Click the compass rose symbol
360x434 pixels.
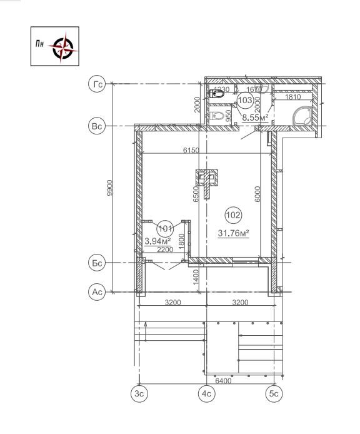coord(63,46)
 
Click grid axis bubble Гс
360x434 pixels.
coord(97,84)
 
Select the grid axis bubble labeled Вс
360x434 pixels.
coord(97,126)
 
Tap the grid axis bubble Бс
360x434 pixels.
coord(97,263)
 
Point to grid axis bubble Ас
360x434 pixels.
coord(97,291)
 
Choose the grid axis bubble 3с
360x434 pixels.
coord(139,393)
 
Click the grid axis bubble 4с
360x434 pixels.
coord(206,393)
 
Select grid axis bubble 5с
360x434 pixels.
coord(273,393)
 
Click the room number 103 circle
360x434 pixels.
coord(245,100)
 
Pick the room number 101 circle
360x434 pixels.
coord(165,228)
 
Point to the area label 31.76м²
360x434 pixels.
coord(233,234)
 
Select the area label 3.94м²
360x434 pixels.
coord(157,240)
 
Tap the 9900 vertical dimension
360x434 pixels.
coord(110,188)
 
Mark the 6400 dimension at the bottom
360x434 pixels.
coord(224,380)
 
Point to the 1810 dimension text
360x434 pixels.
coord(292,97)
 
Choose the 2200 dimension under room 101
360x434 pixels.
coord(164,250)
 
